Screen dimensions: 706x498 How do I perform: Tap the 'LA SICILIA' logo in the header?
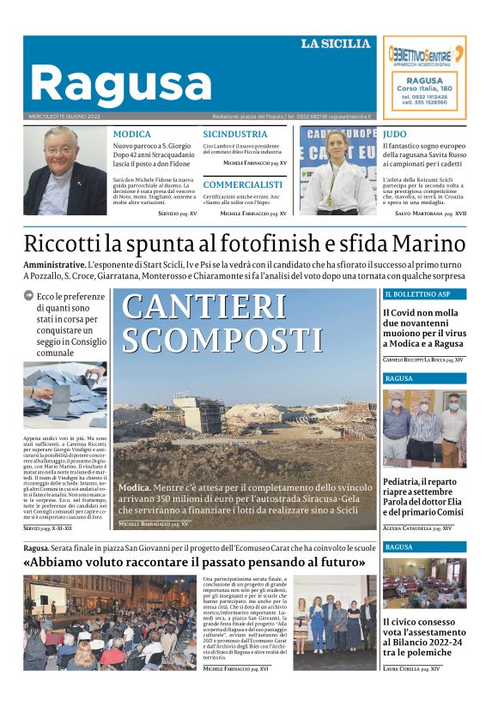tap(335, 44)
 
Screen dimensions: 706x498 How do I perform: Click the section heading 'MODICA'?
tap(132, 135)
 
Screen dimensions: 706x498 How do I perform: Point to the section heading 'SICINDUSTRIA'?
tap(234, 135)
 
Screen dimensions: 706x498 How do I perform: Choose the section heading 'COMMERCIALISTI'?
tap(243, 184)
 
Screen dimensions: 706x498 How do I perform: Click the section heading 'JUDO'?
tap(395, 135)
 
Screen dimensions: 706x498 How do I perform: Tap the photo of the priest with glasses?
tap(64, 171)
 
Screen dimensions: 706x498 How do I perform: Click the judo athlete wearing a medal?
tap(337, 171)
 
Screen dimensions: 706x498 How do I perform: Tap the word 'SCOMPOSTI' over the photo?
tap(222, 341)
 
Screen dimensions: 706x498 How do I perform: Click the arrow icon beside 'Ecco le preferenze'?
tap(28, 296)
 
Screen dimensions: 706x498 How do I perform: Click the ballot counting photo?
tap(64, 395)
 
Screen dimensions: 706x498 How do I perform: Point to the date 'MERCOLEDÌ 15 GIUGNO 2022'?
tap(64, 117)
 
